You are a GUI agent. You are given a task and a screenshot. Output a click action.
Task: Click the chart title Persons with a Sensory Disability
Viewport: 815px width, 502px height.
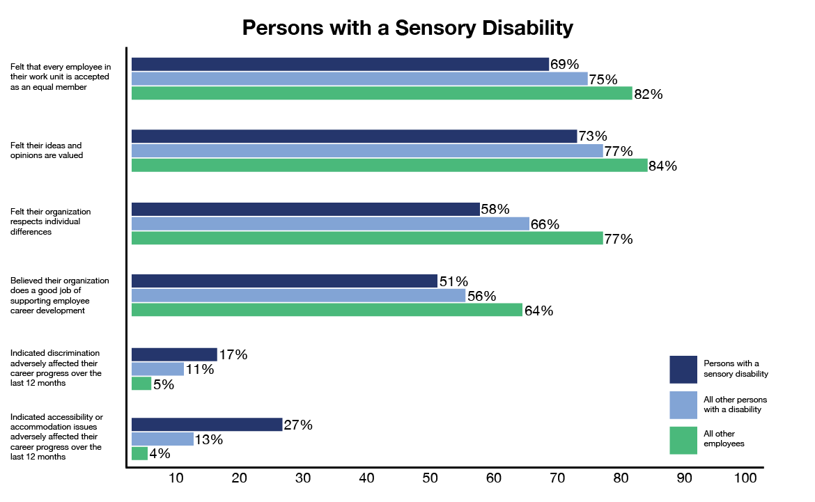point(407,28)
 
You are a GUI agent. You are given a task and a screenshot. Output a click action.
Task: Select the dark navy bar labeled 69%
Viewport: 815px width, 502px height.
point(340,65)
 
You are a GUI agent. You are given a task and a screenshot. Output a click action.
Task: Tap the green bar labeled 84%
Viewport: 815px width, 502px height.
point(389,166)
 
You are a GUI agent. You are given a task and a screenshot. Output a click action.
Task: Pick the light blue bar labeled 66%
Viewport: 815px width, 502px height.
point(330,223)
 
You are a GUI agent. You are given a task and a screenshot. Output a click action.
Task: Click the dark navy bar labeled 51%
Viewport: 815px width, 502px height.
point(284,281)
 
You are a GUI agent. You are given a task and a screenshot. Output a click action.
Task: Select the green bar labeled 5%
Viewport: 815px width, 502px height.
point(141,384)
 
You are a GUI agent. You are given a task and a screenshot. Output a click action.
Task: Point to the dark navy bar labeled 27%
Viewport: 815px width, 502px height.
point(207,425)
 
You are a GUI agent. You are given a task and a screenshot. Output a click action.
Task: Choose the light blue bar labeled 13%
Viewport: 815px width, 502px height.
point(162,439)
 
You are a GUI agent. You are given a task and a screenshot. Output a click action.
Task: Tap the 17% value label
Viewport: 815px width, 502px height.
point(233,354)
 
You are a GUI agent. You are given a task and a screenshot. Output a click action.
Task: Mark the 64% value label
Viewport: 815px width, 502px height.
point(538,311)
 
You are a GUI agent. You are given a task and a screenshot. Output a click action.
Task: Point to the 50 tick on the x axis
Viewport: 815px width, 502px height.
point(430,478)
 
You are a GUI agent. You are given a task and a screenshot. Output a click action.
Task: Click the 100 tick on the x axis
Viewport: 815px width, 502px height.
point(745,478)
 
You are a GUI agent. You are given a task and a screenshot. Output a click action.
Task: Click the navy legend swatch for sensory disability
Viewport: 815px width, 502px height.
point(683,370)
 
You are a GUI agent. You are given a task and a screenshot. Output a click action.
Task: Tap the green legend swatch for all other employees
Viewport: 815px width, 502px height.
point(683,441)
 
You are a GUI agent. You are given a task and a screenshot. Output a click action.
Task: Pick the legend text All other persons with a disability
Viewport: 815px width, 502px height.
point(732,405)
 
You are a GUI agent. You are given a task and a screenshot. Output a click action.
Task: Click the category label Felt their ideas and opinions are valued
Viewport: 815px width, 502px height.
point(47,150)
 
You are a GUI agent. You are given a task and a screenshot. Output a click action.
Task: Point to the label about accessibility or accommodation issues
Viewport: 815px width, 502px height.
point(56,437)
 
